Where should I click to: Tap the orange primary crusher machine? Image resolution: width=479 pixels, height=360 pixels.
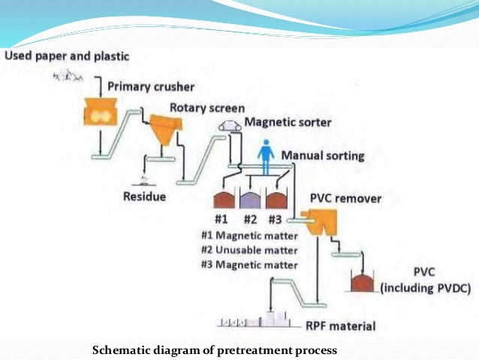click(100, 112)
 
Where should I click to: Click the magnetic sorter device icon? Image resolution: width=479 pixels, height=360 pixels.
click(230, 127)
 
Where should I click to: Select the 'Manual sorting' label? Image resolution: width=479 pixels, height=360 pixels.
click(323, 156)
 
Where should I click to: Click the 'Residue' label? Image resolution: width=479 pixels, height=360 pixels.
click(145, 197)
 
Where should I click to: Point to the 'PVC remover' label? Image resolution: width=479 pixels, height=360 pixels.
click(345, 199)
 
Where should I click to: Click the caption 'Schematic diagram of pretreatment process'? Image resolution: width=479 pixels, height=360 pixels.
click(215, 350)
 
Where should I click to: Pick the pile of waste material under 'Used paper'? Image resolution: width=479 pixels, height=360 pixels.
click(68, 76)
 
